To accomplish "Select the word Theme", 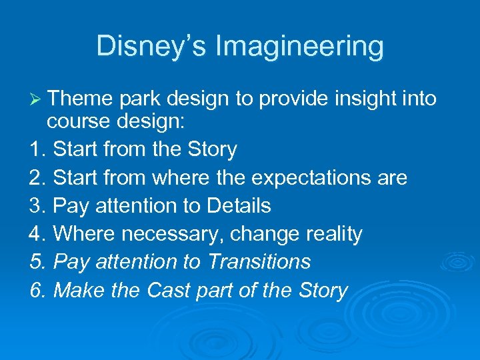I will (x=81, y=99).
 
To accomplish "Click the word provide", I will (x=292, y=99).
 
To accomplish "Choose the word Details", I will (x=239, y=206).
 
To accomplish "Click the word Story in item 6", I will (x=320, y=290).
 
